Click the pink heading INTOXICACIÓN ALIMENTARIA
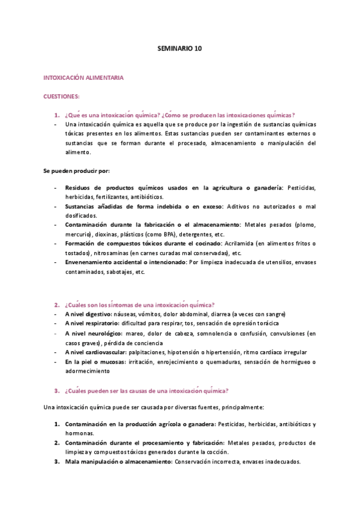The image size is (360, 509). pos(83,78)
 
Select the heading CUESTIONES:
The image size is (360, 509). pos(62,96)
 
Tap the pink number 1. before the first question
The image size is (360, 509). pos(56,115)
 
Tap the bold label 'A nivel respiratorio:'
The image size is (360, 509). pos(94,324)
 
